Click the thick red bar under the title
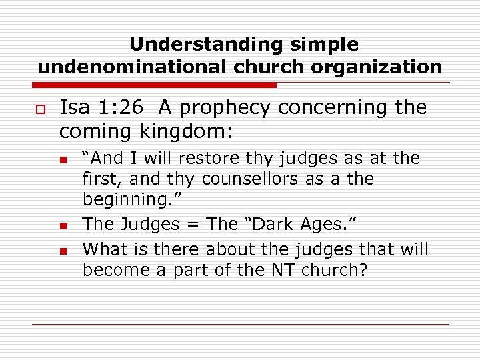tap(157, 85)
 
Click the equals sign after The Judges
tap(191, 224)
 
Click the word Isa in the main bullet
tap(74, 108)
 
